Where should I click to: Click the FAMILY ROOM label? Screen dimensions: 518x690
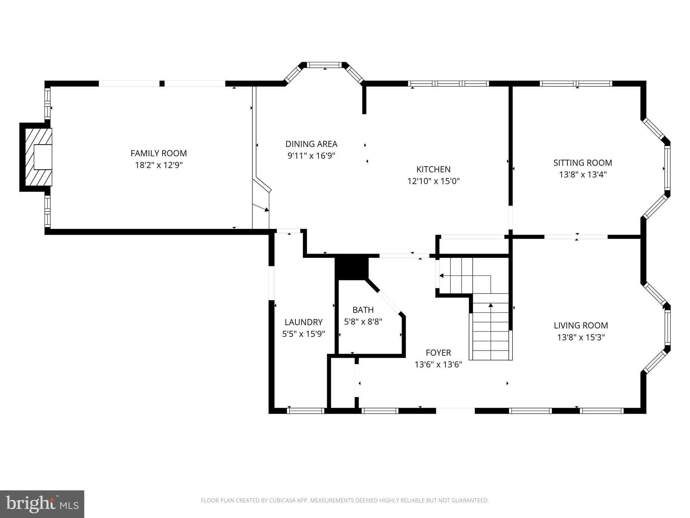coord(159,153)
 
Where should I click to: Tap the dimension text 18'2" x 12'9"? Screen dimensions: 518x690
coord(159,165)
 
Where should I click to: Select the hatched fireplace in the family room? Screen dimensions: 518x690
coord(38,157)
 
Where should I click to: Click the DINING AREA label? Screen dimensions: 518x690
coord(311,144)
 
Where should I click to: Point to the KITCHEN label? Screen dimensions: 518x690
coord(433,169)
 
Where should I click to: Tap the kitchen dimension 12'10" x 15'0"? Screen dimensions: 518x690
coord(433,181)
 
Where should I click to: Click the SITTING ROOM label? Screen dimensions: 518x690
coord(583,163)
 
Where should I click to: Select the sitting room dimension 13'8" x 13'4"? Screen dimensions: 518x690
coord(583,175)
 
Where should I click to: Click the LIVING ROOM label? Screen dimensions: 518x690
coord(581,325)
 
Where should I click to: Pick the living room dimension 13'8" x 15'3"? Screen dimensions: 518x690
coord(581,338)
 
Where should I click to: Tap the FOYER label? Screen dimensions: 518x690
coord(438,353)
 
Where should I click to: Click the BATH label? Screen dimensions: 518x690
coord(363,310)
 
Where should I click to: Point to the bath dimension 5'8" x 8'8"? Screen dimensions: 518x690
coord(363,322)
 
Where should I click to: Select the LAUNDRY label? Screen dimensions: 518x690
coord(304,322)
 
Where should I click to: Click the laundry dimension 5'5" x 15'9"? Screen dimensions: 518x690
coord(304,334)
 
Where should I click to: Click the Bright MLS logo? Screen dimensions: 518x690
coord(42,504)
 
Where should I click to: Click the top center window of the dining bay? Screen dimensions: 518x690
coord(325,65)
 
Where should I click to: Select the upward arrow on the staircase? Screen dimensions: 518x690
coord(491,306)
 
